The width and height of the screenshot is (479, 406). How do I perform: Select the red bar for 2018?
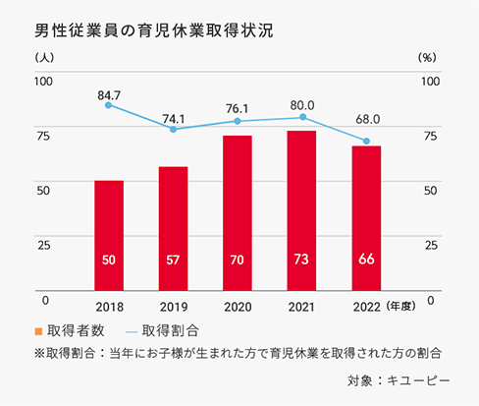(109, 236)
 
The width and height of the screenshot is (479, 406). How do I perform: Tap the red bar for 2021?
(301, 211)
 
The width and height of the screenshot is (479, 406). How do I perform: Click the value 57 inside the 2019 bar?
(173, 260)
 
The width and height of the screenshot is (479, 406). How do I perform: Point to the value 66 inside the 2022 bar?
(365, 260)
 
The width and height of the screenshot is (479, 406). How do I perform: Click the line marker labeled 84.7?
(109, 104)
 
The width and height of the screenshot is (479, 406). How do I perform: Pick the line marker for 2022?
(365, 142)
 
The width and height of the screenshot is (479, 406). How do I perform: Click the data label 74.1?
(173, 115)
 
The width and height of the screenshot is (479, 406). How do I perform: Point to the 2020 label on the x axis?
(237, 306)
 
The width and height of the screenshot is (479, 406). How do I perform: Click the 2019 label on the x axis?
(173, 306)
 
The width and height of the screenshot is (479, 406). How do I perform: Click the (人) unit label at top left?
(43, 57)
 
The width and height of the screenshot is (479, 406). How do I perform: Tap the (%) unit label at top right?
(428, 57)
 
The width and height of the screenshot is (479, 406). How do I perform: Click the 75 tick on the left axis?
(42, 135)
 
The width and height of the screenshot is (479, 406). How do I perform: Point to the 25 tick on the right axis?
(429, 244)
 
